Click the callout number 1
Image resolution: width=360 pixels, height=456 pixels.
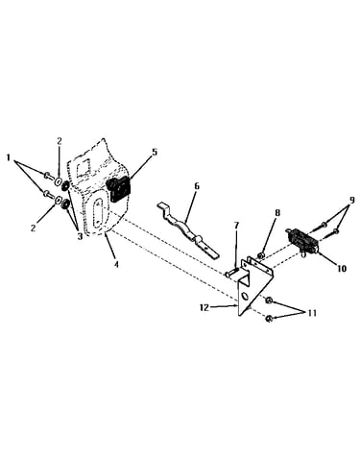tap(10, 157)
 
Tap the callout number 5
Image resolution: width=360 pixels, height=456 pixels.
tap(155, 152)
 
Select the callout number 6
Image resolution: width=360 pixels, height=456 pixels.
tap(197, 186)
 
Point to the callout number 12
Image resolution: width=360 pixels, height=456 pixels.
tap(204, 307)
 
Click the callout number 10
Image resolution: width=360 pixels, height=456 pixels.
tap(342, 268)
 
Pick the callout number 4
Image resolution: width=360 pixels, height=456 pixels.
tap(116, 264)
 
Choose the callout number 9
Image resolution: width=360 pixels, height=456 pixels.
tap(351, 201)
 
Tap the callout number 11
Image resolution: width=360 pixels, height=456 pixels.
tap(312, 313)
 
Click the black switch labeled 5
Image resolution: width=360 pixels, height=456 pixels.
tap(119, 189)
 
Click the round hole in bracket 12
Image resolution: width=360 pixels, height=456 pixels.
tap(245, 297)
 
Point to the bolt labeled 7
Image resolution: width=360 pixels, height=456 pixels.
tap(230, 273)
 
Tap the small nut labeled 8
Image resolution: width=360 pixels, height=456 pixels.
tap(261, 255)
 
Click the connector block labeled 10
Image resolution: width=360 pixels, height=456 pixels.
tap(302, 240)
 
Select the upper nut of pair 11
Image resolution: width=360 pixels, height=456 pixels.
tap(269, 300)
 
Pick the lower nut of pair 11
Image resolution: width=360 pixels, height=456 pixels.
tap(269, 319)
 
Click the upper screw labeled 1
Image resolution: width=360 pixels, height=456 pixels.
tap(48, 175)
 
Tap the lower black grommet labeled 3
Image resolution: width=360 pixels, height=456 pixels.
tap(65, 204)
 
